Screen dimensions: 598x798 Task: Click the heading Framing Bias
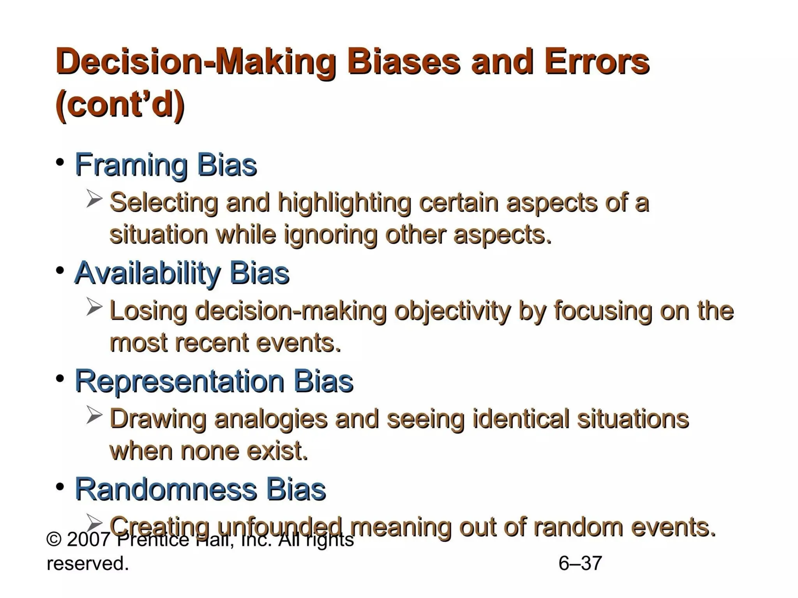tap(166, 165)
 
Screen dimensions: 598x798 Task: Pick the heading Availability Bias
tap(182, 273)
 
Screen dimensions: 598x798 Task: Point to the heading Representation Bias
tap(214, 381)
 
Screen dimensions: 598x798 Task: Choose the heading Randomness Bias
tap(200, 489)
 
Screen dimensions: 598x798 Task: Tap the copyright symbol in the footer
tap(54, 540)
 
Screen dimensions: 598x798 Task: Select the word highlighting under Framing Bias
tap(344, 203)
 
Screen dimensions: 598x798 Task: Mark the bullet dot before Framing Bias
tap(60, 162)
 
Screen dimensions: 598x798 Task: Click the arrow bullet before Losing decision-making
tap(94, 307)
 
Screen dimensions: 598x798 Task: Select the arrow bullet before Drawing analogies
tap(94, 415)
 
